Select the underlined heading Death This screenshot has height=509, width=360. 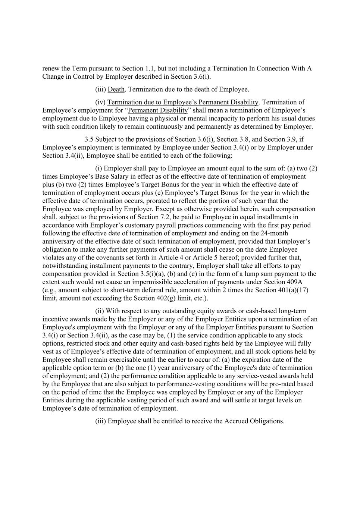[116, 89]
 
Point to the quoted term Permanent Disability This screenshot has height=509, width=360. [158, 110]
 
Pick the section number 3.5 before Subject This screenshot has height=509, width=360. [89, 139]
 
